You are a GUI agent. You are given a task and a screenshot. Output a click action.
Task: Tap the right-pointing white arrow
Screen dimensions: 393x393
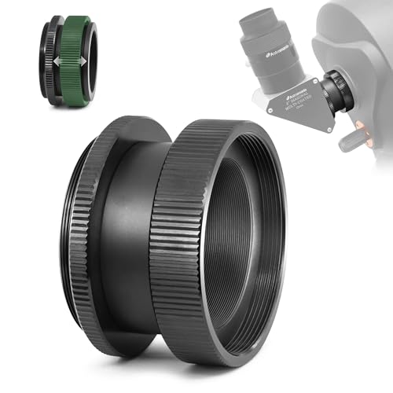(x=81, y=60)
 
